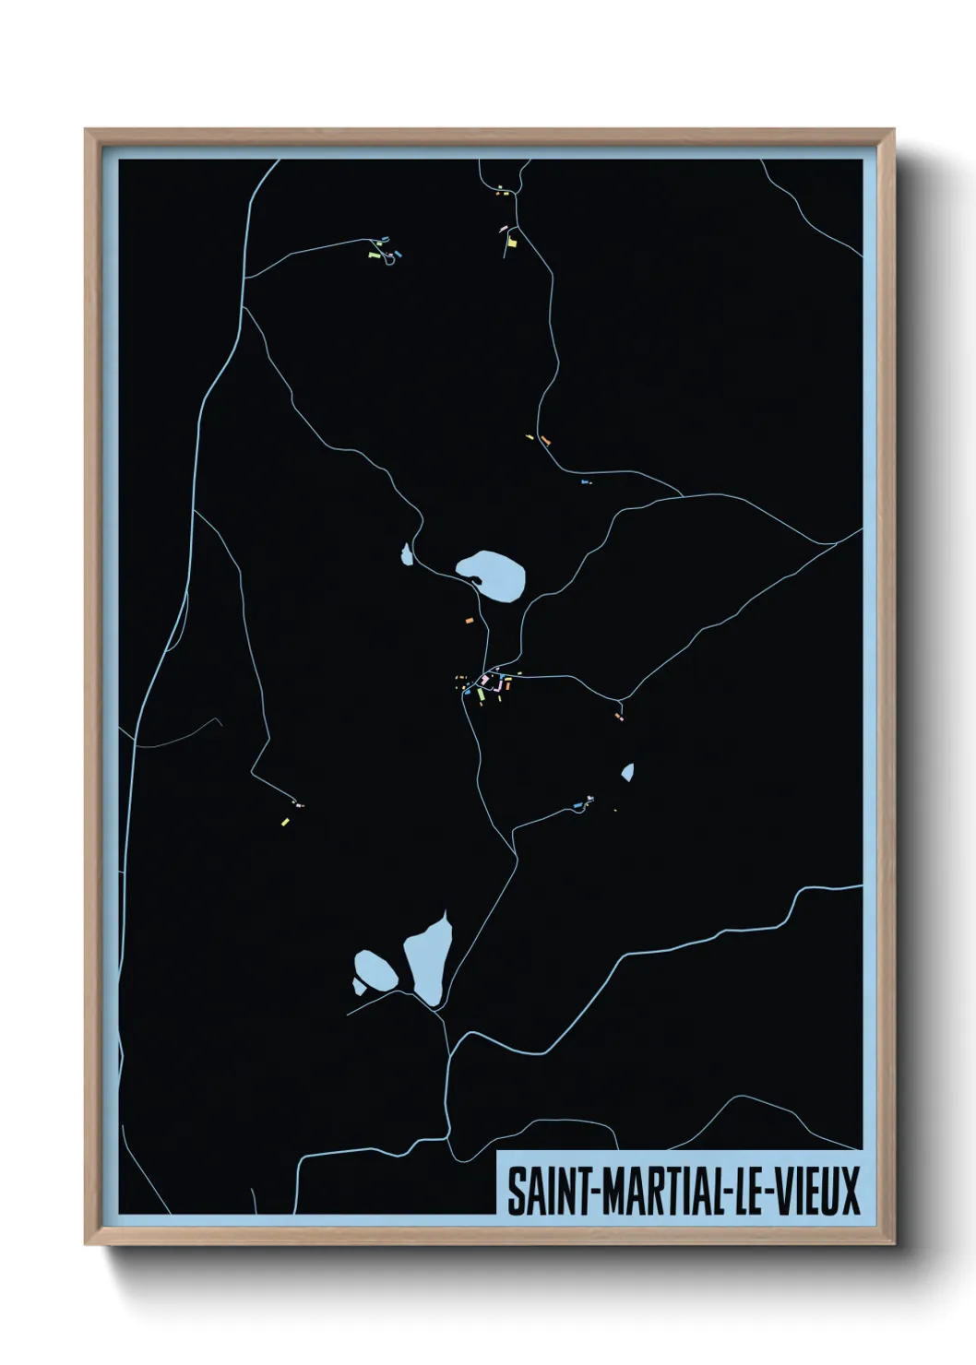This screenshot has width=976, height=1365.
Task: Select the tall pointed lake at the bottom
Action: click(x=429, y=961)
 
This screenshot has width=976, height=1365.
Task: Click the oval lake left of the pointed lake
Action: click(x=376, y=970)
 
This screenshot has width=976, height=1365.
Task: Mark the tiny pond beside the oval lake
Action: click(x=358, y=988)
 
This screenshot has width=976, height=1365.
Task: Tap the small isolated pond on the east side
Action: click(x=627, y=772)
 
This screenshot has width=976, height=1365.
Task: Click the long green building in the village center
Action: click(x=481, y=693)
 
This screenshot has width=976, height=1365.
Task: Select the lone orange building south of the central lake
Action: click(x=470, y=621)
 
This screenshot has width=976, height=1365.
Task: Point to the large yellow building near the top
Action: click(x=512, y=242)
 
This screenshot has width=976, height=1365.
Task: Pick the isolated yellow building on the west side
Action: click(x=285, y=821)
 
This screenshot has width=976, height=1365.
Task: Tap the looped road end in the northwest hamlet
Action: click(x=391, y=259)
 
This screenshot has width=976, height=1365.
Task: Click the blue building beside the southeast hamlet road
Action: click(x=578, y=806)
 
